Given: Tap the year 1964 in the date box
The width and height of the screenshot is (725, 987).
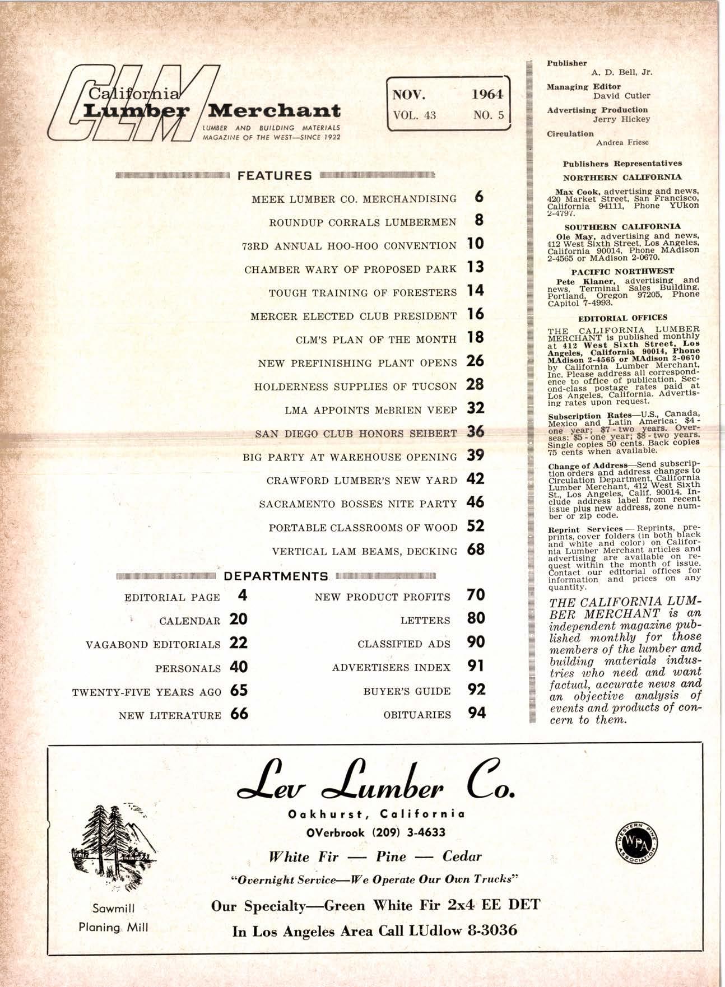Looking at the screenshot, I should (486, 94).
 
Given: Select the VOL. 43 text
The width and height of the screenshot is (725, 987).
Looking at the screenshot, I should (415, 115).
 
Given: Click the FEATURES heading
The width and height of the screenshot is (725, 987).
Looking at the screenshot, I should (275, 175).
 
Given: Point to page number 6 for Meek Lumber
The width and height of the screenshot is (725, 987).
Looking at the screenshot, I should (478, 197).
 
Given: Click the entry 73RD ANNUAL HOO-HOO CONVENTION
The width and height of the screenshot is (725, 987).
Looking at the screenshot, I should (349, 246).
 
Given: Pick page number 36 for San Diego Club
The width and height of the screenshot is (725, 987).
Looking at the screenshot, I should (475, 432).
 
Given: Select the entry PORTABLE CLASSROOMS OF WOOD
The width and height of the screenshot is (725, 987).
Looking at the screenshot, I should (363, 528).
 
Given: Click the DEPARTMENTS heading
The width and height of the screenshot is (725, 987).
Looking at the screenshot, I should (276, 576).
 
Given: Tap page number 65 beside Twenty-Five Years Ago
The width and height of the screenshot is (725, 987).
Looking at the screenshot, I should (239, 691).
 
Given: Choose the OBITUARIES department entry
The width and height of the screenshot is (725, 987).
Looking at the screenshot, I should (417, 715).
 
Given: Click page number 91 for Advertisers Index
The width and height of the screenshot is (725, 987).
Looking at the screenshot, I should (476, 667).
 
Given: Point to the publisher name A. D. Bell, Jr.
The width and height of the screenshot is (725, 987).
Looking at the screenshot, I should (621, 72).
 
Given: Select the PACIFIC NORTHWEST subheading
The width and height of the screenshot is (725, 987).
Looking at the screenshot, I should (622, 271).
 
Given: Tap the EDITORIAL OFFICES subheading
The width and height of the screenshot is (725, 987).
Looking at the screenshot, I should (622, 318).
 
